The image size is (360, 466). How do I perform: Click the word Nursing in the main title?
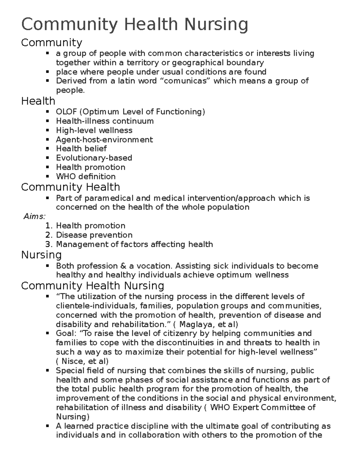216,25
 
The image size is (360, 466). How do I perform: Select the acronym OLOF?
67,112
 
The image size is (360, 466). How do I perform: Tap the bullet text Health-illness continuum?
105,121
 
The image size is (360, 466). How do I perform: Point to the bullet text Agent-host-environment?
104,140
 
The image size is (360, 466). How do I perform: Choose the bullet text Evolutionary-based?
94,158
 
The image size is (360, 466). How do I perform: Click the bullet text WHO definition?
86,176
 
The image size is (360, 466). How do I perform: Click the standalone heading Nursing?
41,255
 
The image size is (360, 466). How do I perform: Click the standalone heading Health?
38,101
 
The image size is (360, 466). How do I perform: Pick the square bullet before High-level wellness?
47,131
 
